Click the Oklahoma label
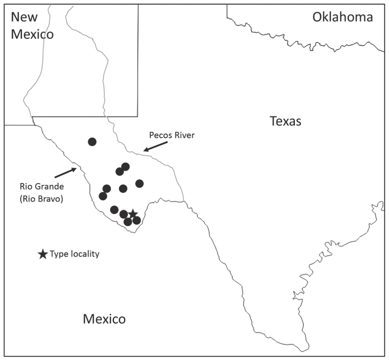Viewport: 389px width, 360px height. point(343,17)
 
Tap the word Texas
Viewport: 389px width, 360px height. point(286,121)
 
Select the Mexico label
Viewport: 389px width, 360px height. point(104,319)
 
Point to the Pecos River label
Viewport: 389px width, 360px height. point(172,135)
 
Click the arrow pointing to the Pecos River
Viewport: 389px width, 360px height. point(155,146)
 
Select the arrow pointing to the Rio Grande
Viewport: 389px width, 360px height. point(65,173)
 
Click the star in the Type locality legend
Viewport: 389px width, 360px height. point(42,255)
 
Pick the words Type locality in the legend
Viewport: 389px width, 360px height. point(74,254)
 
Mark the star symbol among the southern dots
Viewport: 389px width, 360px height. point(133,213)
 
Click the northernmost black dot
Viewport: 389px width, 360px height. point(92,142)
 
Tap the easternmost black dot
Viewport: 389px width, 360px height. point(139,183)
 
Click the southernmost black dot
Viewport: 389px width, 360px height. point(128,222)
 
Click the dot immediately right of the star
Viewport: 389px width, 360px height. point(137,220)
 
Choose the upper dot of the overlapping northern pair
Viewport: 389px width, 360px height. point(125,167)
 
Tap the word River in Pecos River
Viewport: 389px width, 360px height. point(183,135)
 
